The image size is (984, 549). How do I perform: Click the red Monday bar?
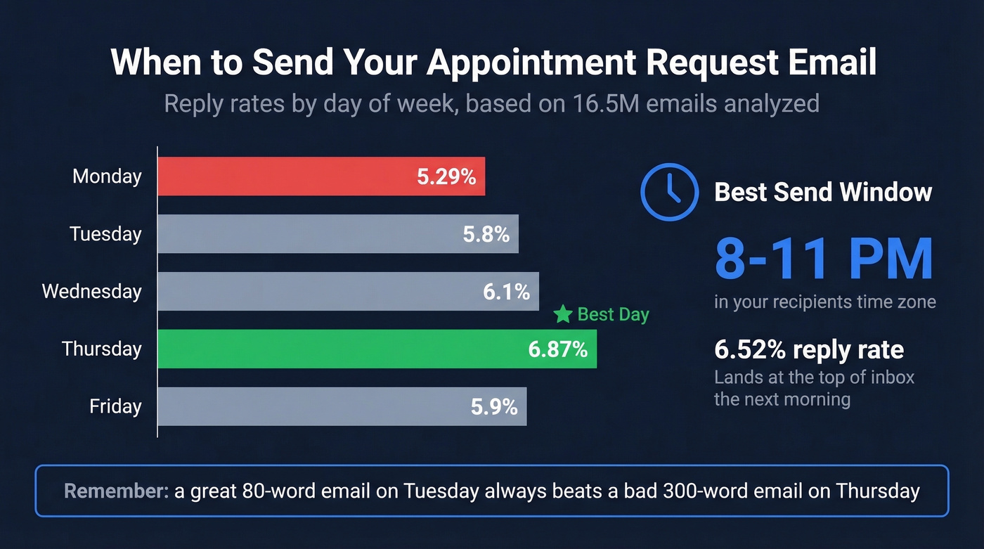[281, 176]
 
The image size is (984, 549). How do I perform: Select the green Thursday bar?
[337, 349]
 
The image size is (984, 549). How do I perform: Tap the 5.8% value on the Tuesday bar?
[486, 234]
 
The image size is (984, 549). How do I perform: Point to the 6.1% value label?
[506, 292]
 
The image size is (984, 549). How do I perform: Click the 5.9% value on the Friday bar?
[494, 406]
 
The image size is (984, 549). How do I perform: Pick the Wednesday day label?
[91, 292]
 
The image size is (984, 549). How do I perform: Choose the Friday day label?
[115, 406]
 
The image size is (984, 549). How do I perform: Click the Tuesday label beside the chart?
[105, 234]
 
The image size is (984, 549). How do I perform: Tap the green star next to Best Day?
[563, 314]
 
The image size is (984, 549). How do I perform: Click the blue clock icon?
[669, 192]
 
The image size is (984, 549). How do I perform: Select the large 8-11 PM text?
[823, 259]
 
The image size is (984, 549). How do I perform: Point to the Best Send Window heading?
[823, 192]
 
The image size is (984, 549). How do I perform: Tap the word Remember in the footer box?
[116, 491]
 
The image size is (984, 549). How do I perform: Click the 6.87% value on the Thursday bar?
[557, 349]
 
